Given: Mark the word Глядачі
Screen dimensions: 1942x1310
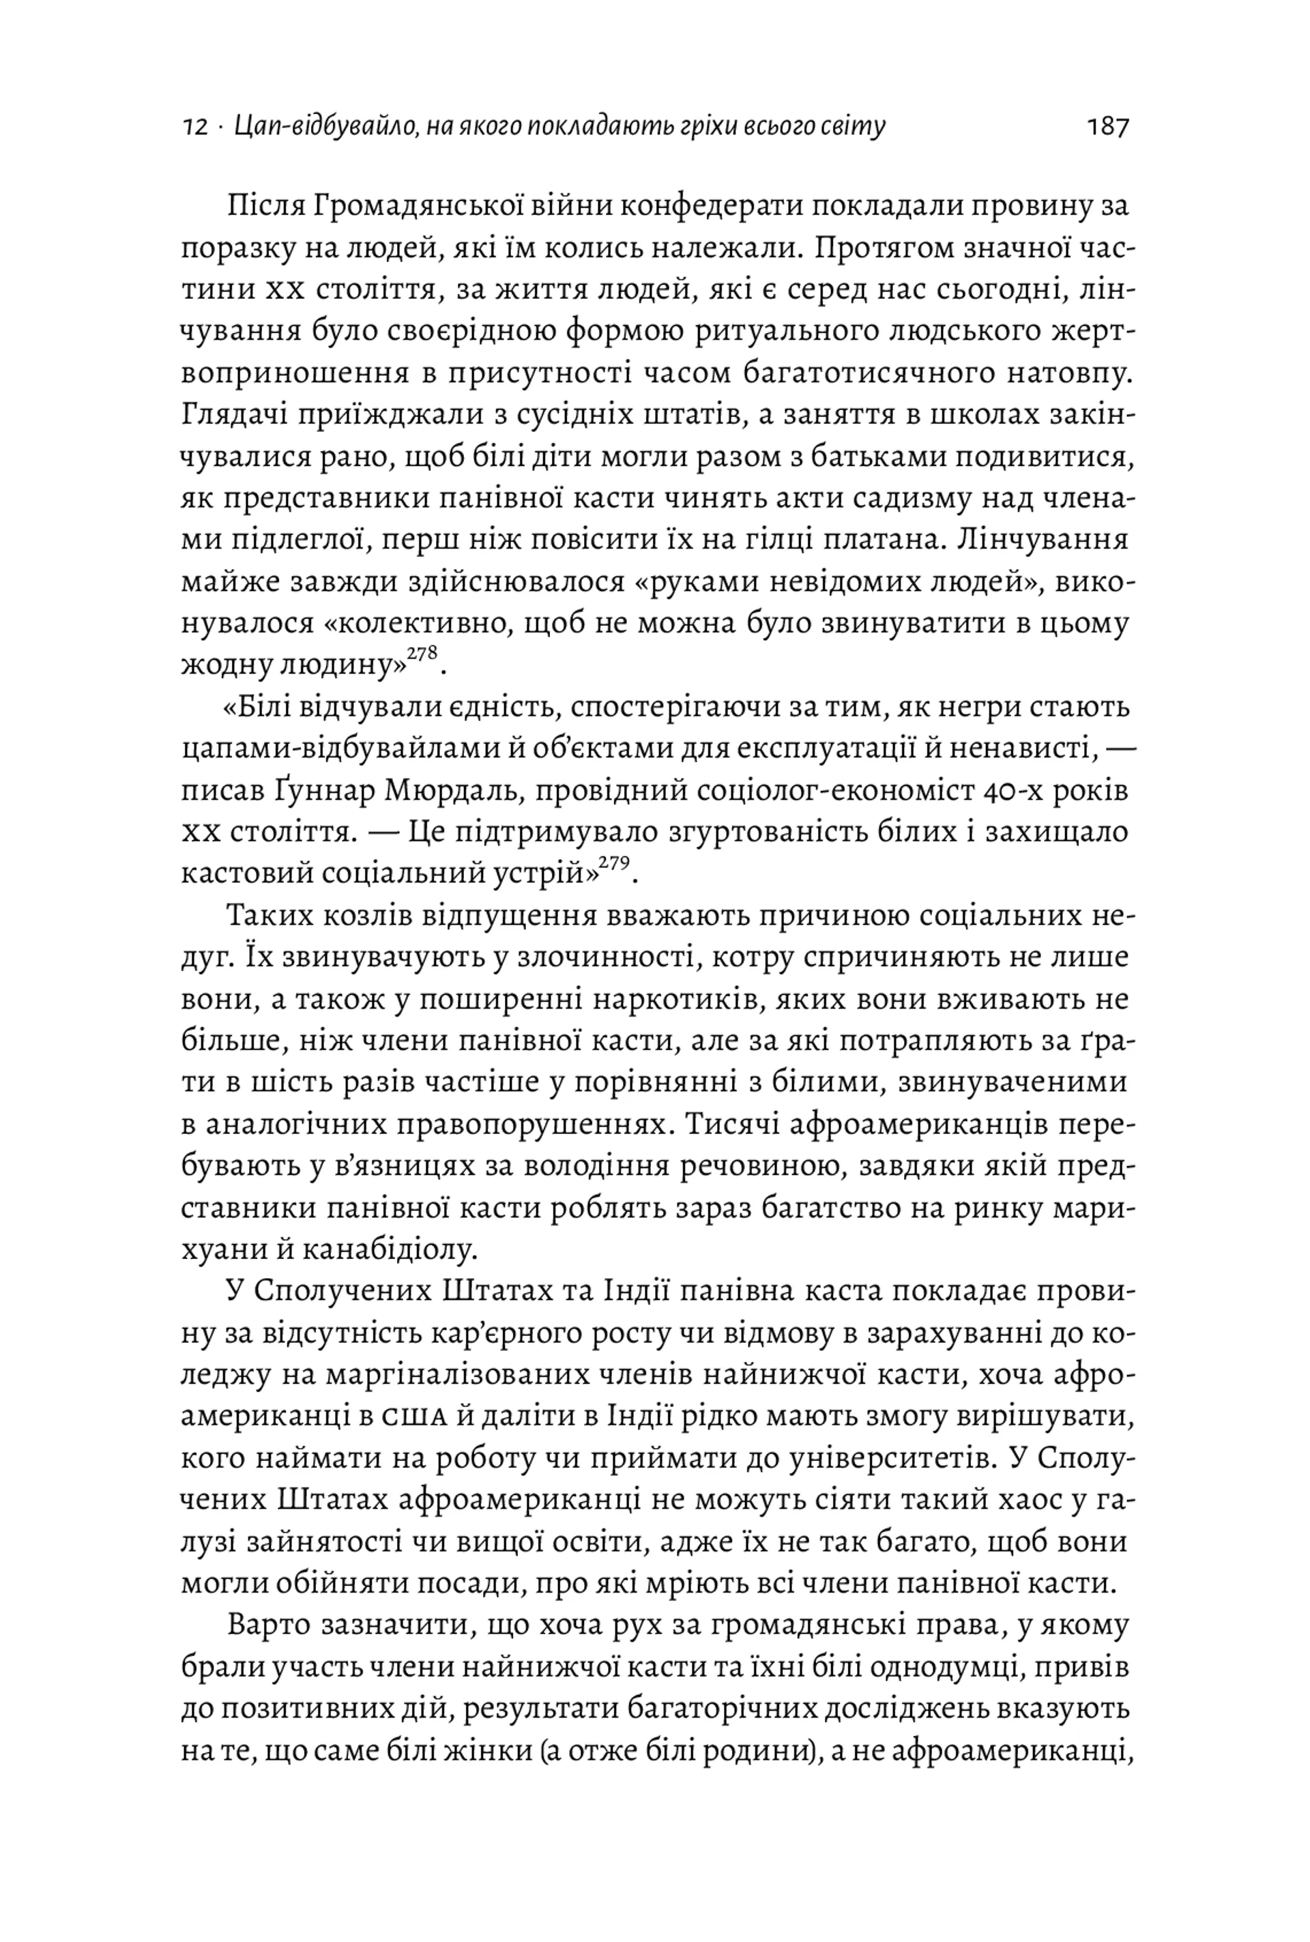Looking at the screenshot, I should click(228, 414).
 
